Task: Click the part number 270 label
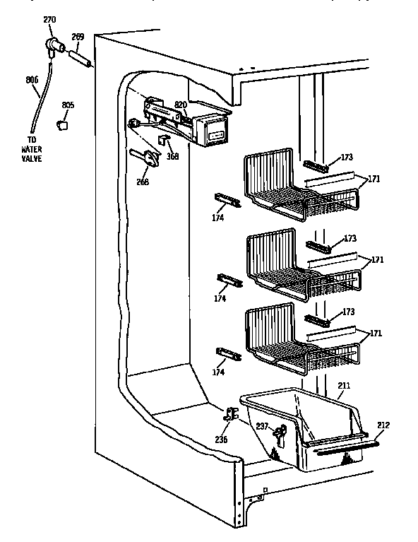[x=49, y=20]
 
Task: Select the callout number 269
[x=78, y=37]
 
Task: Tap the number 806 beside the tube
[x=31, y=80]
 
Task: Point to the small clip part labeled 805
[x=64, y=124]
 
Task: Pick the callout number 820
[x=181, y=105]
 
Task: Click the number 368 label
[x=172, y=156]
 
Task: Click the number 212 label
[x=383, y=425]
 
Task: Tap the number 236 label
[x=222, y=439]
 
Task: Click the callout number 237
[x=262, y=425]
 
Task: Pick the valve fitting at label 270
[x=54, y=47]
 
